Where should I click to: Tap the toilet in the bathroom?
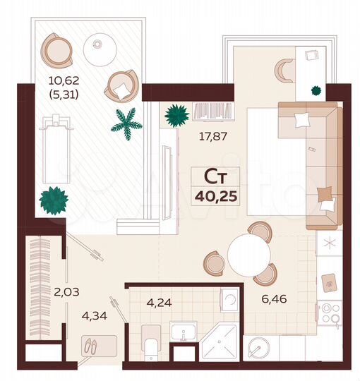click(x=150, y=345)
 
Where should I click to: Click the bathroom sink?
click(x=184, y=332)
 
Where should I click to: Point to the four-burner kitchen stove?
click(x=328, y=313)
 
